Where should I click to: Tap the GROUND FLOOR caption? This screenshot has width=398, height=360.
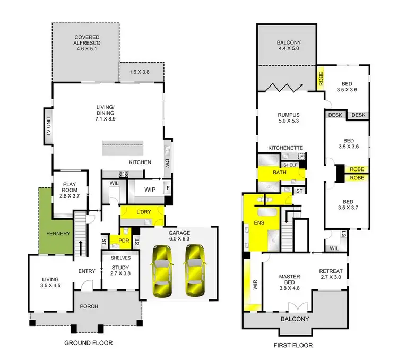click(x=88, y=343)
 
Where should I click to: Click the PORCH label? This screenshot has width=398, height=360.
click(x=88, y=306)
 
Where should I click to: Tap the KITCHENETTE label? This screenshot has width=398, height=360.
click(x=285, y=147)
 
